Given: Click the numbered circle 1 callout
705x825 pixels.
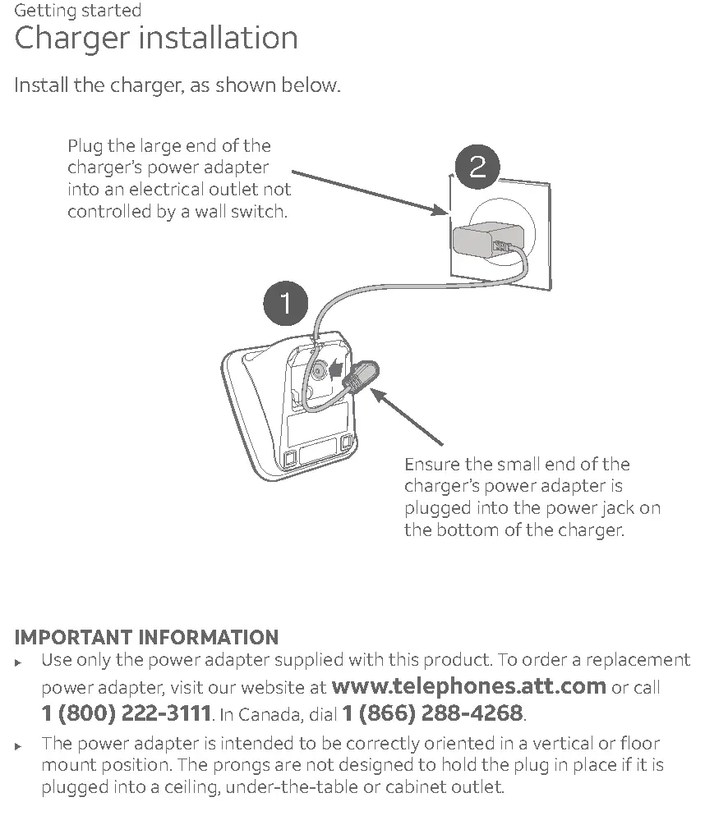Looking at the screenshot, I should [x=285, y=304].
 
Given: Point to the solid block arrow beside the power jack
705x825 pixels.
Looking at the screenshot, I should [x=335, y=370].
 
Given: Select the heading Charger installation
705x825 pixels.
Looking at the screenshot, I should [x=156, y=39].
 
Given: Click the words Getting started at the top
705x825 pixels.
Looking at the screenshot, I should [x=78, y=11].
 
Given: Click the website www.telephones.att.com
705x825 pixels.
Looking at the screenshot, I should [x=468, y=686].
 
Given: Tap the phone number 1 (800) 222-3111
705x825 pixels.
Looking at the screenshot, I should [x=126, y=713].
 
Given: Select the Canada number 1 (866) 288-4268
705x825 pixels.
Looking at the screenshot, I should [x=432, y=713].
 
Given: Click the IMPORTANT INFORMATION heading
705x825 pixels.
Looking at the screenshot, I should [x=147, y=638].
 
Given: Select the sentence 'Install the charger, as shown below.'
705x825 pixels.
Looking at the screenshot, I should [x=177, y=85].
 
